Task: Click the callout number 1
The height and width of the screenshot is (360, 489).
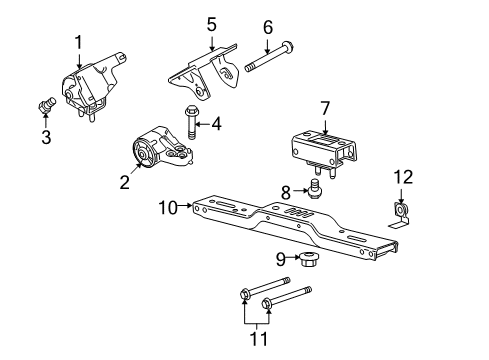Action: point(78,43)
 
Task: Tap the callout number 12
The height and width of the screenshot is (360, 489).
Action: point(404,177)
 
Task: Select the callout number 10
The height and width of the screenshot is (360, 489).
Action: point(168,208)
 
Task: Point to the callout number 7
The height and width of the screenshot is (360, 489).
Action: point(325,109)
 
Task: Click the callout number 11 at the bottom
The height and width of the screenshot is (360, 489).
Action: point(259,339)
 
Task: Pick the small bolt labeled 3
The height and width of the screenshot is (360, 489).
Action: point(46,104)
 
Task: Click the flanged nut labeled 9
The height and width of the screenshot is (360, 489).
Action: point(309,259)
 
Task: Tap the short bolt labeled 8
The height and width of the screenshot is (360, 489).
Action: point(313,189)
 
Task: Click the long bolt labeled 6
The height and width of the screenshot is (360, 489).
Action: point(270,57)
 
